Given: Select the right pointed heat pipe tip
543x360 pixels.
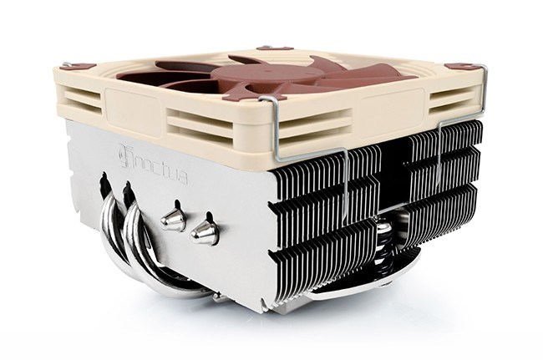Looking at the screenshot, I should (205, 232).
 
